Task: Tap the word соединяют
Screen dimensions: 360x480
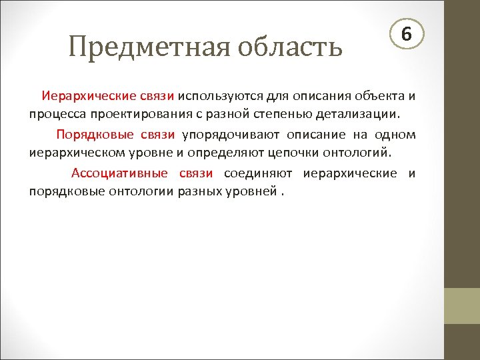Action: pyautogui.click(x=258, y=174)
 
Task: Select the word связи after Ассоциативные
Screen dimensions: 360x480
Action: pyautogui.click(x=196, y=174)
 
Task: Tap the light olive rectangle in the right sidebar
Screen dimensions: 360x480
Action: pyautogui.click(x=461, y=305)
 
